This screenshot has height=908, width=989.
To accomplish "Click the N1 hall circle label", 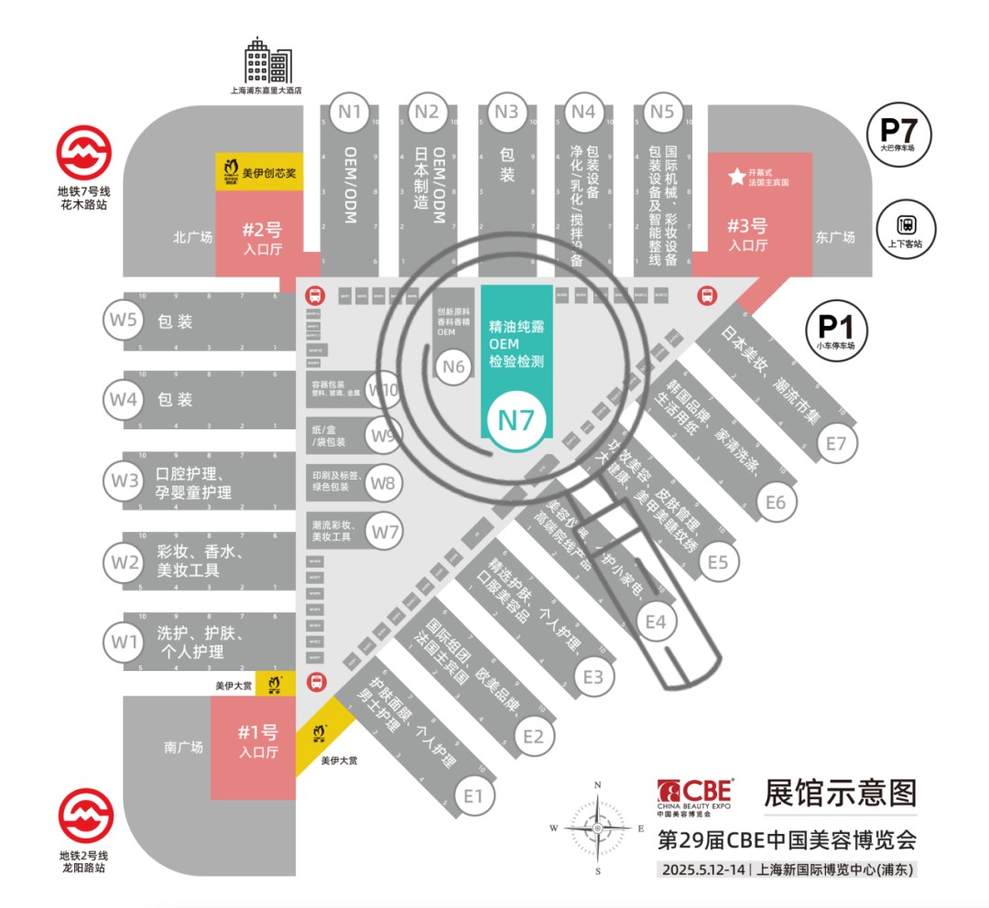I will pyautogui.click(x=350, y=113).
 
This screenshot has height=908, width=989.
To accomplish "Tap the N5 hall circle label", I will pyautogui.click(x=661, y=113).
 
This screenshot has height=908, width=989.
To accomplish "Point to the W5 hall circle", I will pyautogui.click(x=125, y=320).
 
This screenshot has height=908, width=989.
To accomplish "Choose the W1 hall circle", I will pyautogui.click(x=125, y=642).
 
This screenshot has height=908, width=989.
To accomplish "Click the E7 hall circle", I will pyautogui.click(x=836, y=444).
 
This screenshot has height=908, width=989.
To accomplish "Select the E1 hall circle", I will pyautogui.click(x=473, y=795).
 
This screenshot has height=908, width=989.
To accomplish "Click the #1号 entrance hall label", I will pyautogui.click(x=258, y=740).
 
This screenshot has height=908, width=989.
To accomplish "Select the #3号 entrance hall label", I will pyautogui.click(x=747, y=233).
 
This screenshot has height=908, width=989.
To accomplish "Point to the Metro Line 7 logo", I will pyautogui.click(x=84, y=153).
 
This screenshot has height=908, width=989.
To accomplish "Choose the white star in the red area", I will pyautogui.click(x=736, y=177).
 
